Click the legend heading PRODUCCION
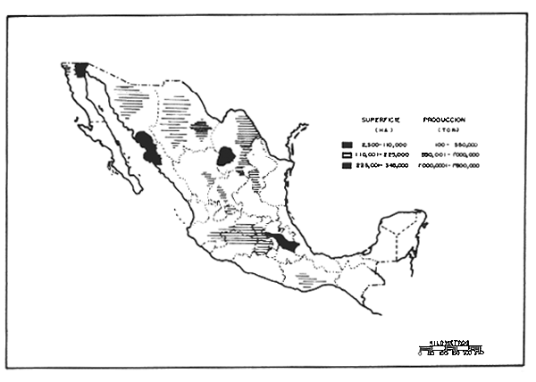coord(451,120)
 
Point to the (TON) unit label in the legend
coord(451,130)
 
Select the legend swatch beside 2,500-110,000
coord(345,143)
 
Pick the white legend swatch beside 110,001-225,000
coord(345,154)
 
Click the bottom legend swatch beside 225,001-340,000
coord(345,165)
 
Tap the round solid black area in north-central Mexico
coord(227,155)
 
